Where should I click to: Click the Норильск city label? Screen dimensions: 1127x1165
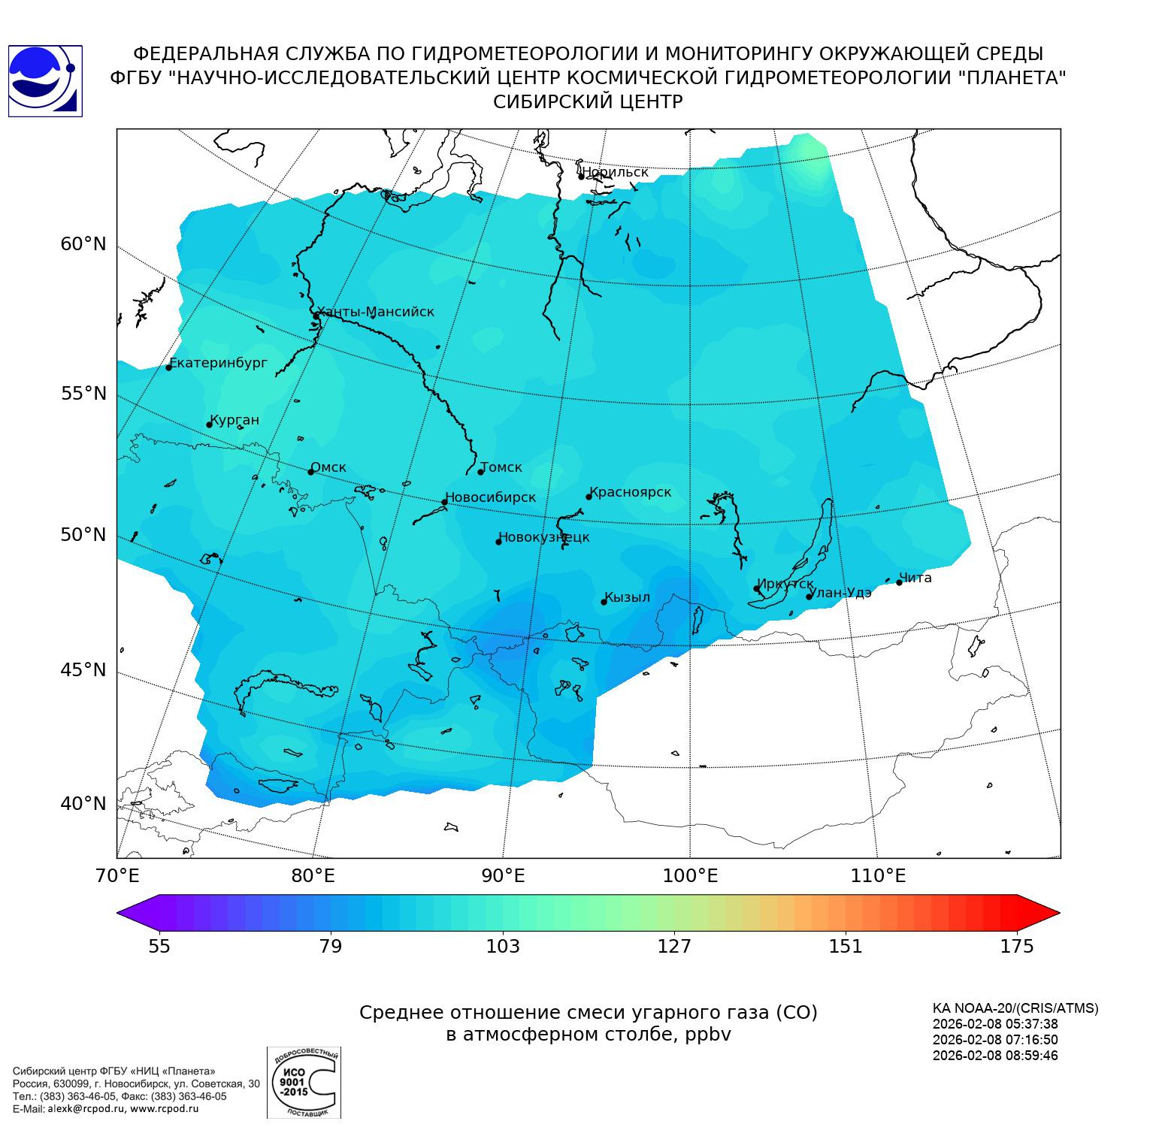click(615, 172)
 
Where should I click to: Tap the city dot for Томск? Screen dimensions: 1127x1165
click(481, 472)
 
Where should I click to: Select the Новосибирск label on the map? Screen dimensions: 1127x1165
click(490, 497)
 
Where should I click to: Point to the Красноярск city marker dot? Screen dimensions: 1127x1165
click(589, 497)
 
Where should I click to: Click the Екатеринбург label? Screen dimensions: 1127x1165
click(219, 363)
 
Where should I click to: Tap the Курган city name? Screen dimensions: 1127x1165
click(235, 420)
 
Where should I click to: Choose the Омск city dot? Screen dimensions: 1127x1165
click(310, 472)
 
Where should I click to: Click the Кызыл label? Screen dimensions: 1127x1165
click(627, 597)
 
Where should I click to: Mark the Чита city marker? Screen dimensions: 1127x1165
click(899, 582)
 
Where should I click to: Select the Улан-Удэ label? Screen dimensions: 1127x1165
click(842, 592)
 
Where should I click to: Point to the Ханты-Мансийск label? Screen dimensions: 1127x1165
click(375, 312)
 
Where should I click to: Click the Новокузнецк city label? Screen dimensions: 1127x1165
click(544, 537)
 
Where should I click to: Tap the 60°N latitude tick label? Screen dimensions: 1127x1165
click(83, 244)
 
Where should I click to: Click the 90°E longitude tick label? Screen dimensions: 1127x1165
click(503, 876)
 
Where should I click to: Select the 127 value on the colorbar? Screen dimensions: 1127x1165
click(674, 947)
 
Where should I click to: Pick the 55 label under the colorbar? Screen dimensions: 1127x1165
click(159, 947)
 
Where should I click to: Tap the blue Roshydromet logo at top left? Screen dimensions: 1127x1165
click(45, 81)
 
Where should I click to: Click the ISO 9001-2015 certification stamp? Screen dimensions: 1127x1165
click(304, 1083)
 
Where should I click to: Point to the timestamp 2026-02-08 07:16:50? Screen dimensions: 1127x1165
click(995, 1040)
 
